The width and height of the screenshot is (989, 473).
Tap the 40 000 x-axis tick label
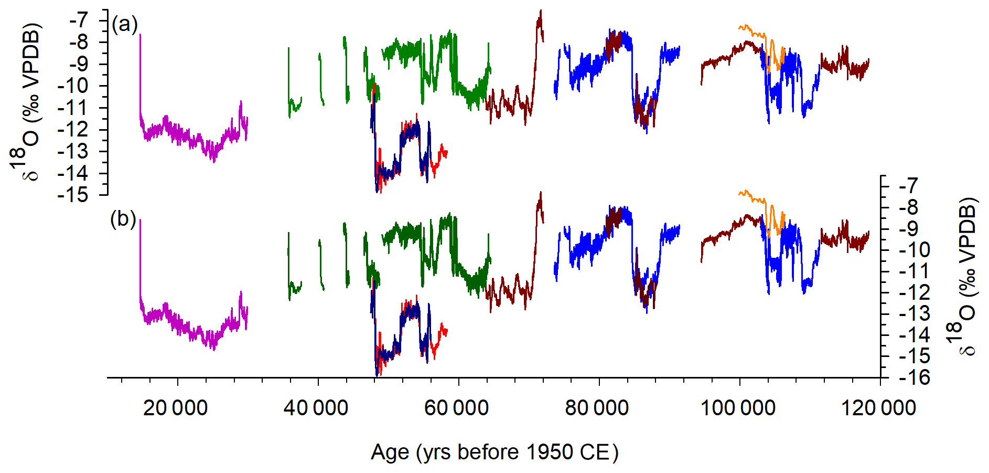[x=316, y=408]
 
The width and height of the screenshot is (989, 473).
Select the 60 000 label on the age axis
[x=456, y=408]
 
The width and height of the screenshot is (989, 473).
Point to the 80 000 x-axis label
[x=597, y=408]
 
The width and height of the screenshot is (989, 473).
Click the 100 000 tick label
[x=738, y=408]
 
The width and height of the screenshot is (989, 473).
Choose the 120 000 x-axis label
[x=878, y=408]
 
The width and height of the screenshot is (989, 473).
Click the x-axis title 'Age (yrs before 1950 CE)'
[x=494, y=452]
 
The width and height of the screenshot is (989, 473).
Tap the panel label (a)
[x=124, y=24]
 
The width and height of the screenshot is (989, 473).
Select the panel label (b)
[x=123, y=218]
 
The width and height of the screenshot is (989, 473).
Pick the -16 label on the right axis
[x=915, y=377]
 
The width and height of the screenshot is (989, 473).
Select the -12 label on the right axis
[x=915, y=292]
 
